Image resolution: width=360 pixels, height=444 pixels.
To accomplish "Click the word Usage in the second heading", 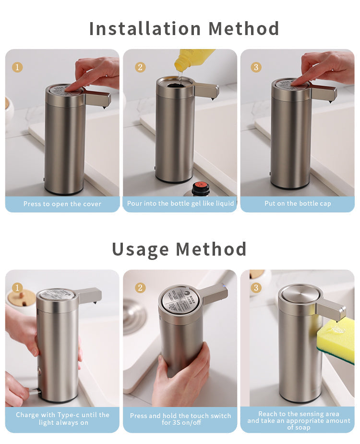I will click(140, 249).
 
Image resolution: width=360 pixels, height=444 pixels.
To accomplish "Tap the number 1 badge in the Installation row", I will click(17, 67).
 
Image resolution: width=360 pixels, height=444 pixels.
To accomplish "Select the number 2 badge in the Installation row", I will click(140, 67).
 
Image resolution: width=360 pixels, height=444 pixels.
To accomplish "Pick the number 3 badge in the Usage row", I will click(256, 288).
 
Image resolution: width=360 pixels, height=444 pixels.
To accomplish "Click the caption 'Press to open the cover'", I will click(62, 204).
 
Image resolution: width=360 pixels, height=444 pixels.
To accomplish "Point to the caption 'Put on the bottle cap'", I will click(298, 203).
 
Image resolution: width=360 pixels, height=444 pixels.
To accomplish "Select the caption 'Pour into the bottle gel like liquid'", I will click(180, 203).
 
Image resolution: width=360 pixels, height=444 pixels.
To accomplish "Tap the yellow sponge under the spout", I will click(336, 339).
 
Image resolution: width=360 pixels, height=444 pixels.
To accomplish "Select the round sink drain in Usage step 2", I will click(134, 317).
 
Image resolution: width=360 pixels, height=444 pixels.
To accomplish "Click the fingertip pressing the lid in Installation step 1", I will click(70, 88).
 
